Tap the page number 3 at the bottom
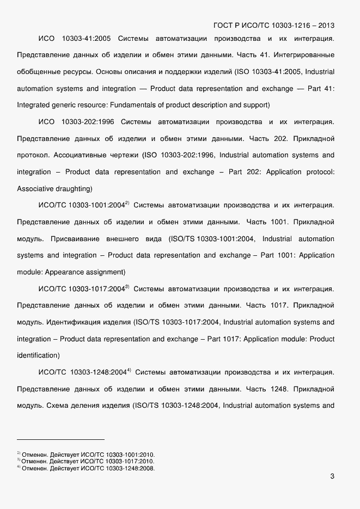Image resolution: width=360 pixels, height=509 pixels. click(x=332, y=477)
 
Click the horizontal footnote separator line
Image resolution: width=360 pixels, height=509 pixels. click(x=60, y=439)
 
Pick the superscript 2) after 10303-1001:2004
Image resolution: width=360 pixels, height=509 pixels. click(x=127, y=203)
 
